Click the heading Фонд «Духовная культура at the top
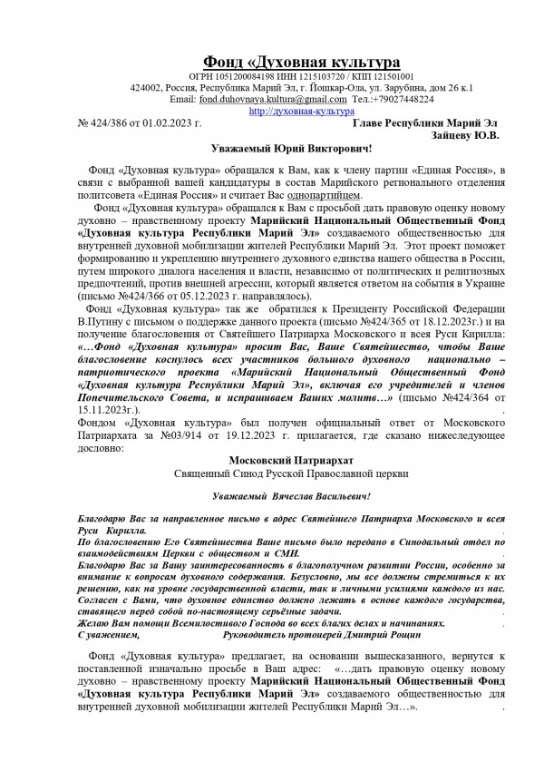(x=300, y=62)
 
